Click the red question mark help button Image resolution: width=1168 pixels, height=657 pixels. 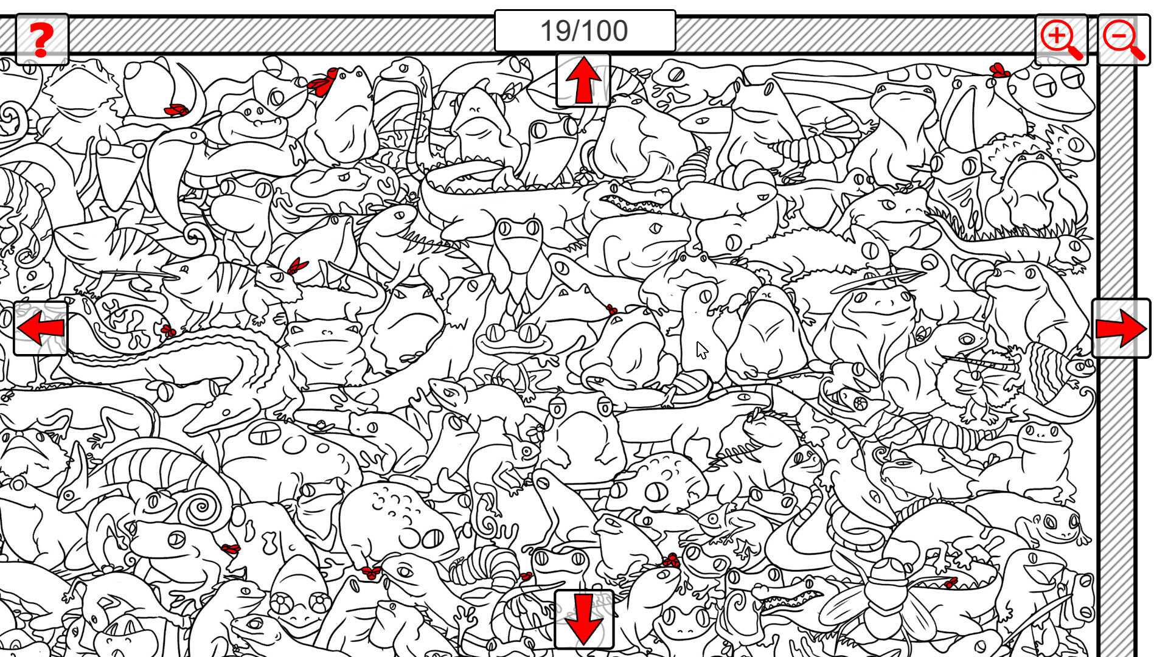click(41, 40)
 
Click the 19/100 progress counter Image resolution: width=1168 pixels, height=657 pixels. click(585, 31)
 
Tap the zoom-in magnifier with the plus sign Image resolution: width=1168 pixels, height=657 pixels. click(1061, 40)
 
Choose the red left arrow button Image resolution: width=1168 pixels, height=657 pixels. click(41, 328)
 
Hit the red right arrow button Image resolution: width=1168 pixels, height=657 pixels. click(1121, 328)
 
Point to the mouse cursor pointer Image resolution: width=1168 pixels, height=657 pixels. click(701, 350)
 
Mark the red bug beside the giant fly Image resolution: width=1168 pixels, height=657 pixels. click(950, 583)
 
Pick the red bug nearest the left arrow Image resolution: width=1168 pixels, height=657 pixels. click(168, 331)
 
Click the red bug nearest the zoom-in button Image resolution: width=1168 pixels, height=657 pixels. click(998, 70)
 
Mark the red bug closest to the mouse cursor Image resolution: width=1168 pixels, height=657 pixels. click(611, 310)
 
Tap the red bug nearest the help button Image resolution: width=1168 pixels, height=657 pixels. click(176, 110)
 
